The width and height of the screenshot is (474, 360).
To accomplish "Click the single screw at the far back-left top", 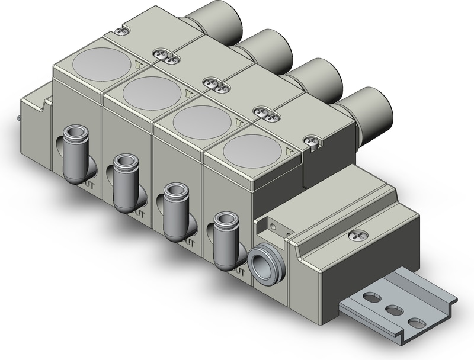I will (x=123, y=31).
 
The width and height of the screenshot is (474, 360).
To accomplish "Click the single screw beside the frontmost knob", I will (x=314, y=140).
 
